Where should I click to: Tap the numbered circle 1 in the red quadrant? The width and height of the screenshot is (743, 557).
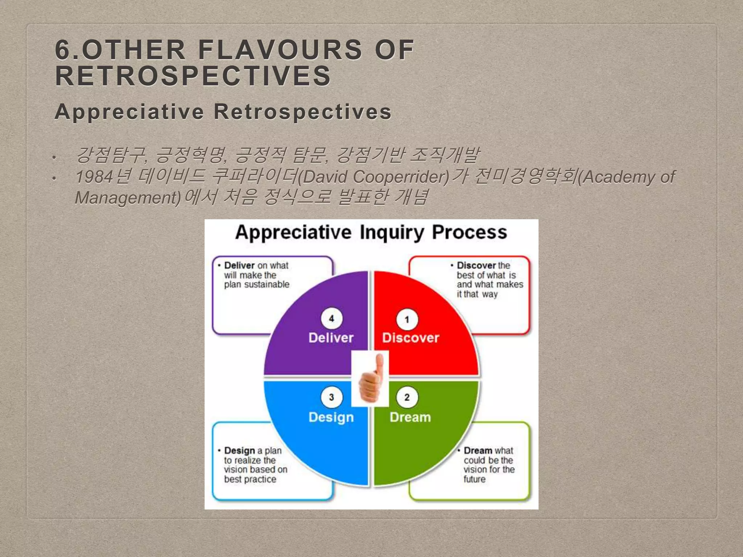(x=407, y=319)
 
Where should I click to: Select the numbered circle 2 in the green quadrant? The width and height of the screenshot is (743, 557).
(x=407, y=397)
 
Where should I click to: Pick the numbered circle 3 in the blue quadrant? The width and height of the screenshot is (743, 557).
(x=331, y=397)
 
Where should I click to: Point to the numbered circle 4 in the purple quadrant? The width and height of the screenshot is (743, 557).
(x=331, y=319)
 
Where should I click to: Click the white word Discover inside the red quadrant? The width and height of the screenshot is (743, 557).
(x=410, y=338)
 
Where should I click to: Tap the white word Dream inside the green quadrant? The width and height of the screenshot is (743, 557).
(x=410, y=417)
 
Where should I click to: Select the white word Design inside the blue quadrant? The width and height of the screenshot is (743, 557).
(x=331, y=417)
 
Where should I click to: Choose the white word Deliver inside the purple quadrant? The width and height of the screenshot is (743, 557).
(x=331, y=338)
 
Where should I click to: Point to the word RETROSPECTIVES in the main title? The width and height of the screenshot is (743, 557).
(x=193, y=76)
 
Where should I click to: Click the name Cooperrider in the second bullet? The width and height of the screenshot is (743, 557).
(x=401, y=177)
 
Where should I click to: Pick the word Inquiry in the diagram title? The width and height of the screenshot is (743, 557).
(x=391, y=232)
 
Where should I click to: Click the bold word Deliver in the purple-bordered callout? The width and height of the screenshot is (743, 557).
(x=239, y=265)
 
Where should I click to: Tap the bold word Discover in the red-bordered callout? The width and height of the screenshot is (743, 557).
(x=476, y=265)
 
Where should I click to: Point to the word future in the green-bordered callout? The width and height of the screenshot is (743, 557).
(x=474, y=479)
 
